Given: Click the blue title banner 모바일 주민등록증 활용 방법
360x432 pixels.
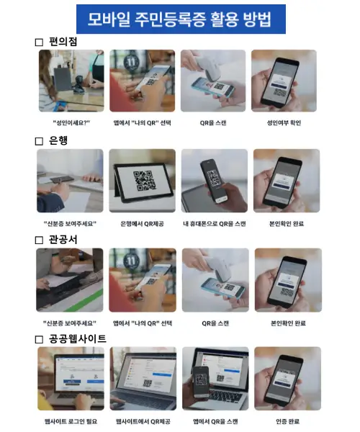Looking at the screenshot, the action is (181, 19).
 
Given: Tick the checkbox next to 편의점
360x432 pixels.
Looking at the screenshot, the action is (39, 42).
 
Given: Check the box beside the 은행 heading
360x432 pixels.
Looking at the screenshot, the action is (39, 141).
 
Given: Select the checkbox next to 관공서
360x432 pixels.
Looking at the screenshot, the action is (39, 240).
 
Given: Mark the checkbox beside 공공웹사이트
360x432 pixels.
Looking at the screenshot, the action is (39, 339).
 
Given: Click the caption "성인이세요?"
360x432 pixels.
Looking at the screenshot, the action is (71, 123).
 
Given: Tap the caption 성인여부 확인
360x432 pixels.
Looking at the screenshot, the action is (284, 123).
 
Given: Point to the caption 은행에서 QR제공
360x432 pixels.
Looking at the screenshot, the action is (142, 224).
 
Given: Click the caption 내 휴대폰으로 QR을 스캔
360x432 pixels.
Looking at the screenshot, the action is (215, 224).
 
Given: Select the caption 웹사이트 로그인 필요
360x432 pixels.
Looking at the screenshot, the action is (71, 421).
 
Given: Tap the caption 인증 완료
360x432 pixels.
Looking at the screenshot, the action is (287, 421).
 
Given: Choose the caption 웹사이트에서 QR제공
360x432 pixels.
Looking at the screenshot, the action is (143, 421).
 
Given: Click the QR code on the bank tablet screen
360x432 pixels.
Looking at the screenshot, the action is (145, 181).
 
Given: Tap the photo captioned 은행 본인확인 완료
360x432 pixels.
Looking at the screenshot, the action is (287, 181).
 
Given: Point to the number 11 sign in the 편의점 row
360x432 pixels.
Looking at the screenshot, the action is (131, 63).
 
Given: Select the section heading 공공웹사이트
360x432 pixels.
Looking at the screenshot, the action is (78, 339).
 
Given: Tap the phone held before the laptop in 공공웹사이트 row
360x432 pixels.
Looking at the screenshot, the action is (201, 382).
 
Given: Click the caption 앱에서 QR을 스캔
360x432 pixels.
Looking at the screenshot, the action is (215, 421).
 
